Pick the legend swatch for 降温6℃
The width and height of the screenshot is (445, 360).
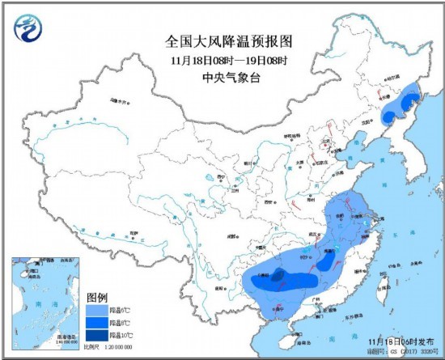point(96,310)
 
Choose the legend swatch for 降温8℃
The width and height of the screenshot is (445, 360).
point(96,323)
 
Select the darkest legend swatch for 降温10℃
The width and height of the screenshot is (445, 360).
point(96,336)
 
